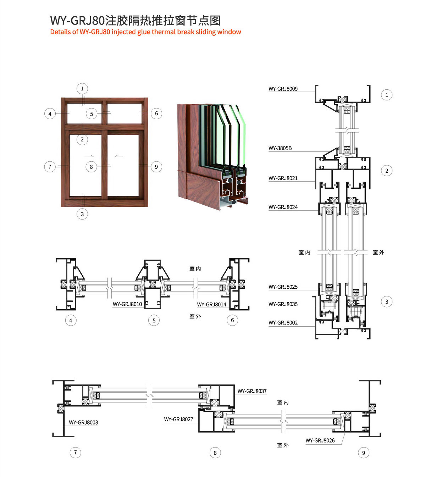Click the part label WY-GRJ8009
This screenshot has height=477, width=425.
point(283,89)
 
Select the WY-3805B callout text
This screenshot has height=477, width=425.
point(280,148)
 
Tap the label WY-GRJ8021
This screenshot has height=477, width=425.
point(283,178)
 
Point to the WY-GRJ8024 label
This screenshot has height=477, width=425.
point(283,207)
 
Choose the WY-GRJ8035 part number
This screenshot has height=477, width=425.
point(283,304)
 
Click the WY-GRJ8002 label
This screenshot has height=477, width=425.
point(283,323)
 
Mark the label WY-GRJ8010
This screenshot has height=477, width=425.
point(127,304)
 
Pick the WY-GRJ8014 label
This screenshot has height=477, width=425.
point(211,304)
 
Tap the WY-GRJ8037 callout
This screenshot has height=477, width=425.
point(252,391)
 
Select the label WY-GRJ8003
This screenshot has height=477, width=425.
point(83,422)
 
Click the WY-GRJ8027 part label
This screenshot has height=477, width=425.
point(178,419)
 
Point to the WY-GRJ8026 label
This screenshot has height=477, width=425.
point(320,440)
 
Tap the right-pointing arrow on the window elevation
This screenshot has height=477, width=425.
point(89,156)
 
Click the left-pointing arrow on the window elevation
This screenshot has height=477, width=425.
point(119,156)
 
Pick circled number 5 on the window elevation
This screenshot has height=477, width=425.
point(92,114)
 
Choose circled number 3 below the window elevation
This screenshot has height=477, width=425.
point(82,214)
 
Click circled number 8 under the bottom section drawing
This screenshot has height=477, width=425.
point(215,453)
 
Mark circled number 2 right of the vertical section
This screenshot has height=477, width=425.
point(387,171)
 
